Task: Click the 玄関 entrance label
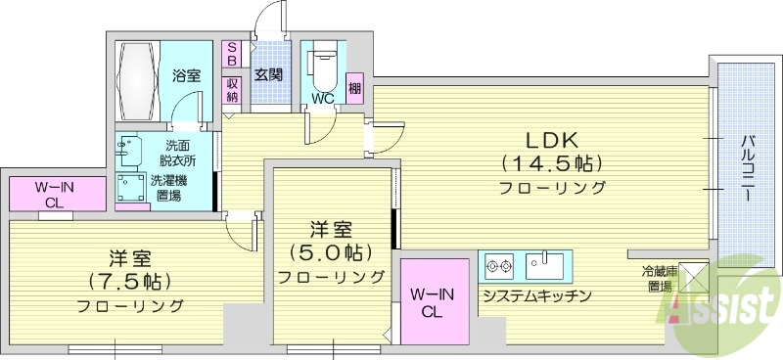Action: point(268,74)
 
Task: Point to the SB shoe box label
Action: point(232,54)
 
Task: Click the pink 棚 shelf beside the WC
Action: point(354,88)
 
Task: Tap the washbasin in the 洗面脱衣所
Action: point(126,150)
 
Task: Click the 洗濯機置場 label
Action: point(168,188)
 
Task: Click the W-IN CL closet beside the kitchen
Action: point(433,303)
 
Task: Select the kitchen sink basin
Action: point(541,265)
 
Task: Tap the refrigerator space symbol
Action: point(692,278)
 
